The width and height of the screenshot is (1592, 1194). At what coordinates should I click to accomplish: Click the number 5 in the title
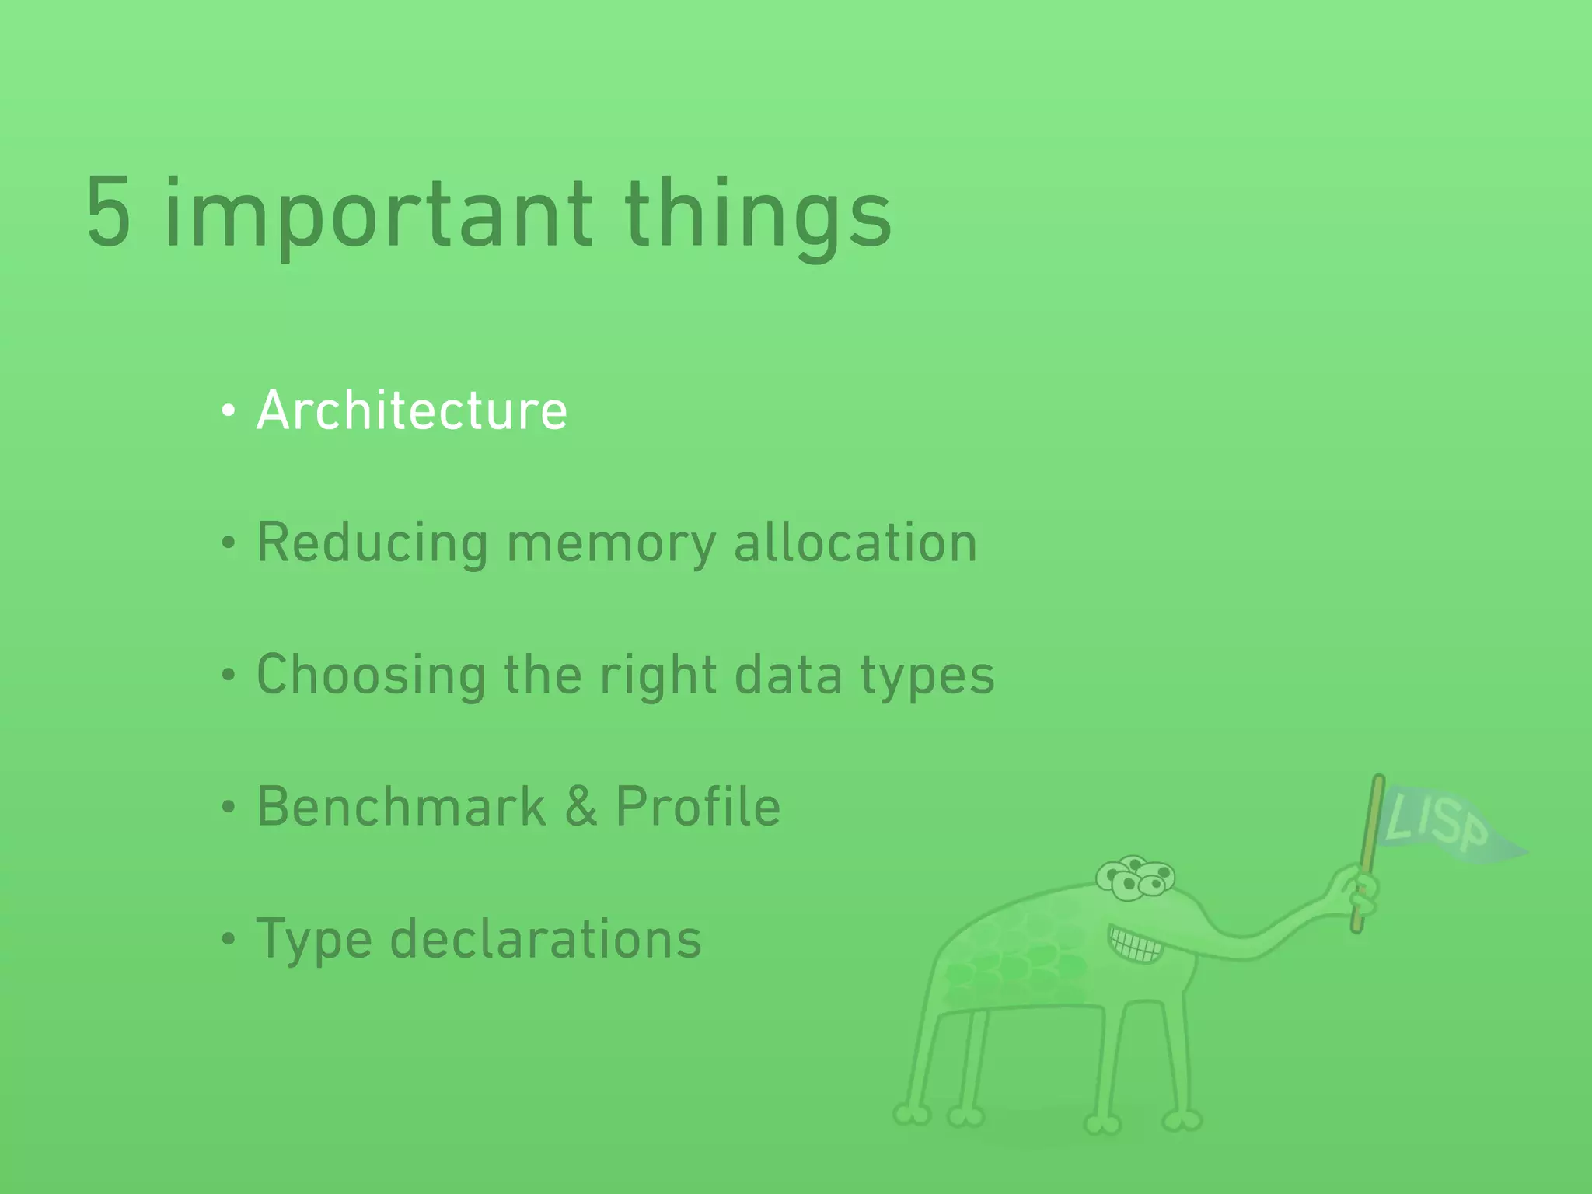[x=108, y=213]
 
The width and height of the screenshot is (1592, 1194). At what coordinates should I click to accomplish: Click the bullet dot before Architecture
[x=228, y=411]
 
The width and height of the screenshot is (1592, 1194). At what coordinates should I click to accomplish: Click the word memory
[x=611, y=544]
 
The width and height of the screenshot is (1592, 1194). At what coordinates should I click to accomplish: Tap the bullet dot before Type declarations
[x=228, y=940]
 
